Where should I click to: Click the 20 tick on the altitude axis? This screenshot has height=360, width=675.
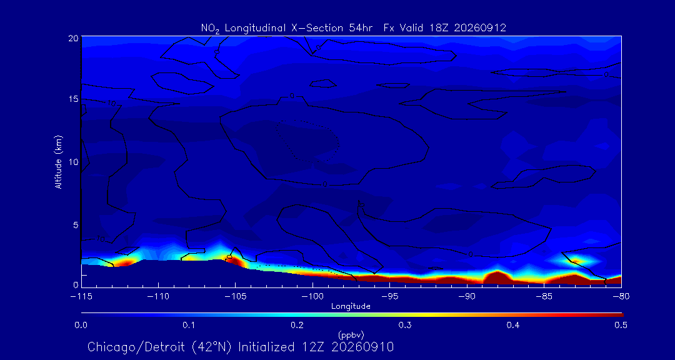point(74,37)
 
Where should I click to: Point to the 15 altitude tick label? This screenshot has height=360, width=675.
point(74,99)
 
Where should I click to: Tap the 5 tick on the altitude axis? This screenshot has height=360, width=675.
point(76,225)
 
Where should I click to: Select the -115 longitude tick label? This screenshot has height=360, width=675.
point(81,297)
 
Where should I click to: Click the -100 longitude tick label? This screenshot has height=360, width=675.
point(312,297)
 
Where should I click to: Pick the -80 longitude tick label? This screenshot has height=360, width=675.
point(621,297)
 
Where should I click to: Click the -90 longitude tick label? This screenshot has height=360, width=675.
point(467,297)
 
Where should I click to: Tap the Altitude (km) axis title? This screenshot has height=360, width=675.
point(58,162)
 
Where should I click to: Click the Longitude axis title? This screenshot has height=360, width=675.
point(351,307)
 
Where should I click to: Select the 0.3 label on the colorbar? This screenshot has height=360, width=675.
point(404,325)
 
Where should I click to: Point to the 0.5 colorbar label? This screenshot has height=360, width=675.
point(621,325)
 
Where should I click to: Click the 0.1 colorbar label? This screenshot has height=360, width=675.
point(189,325)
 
